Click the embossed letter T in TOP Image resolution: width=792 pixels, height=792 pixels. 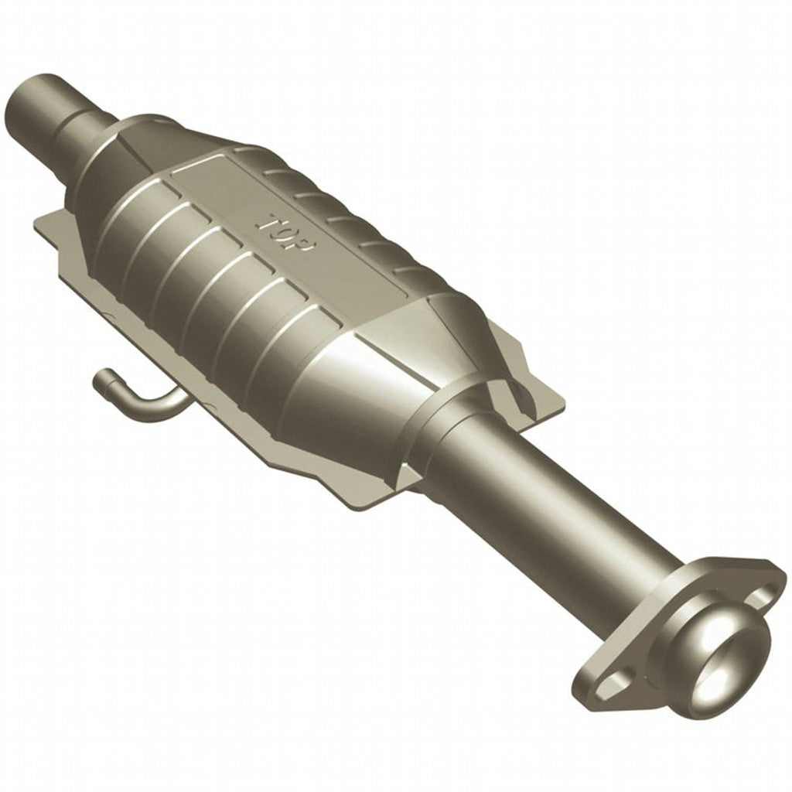click(268, 220)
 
